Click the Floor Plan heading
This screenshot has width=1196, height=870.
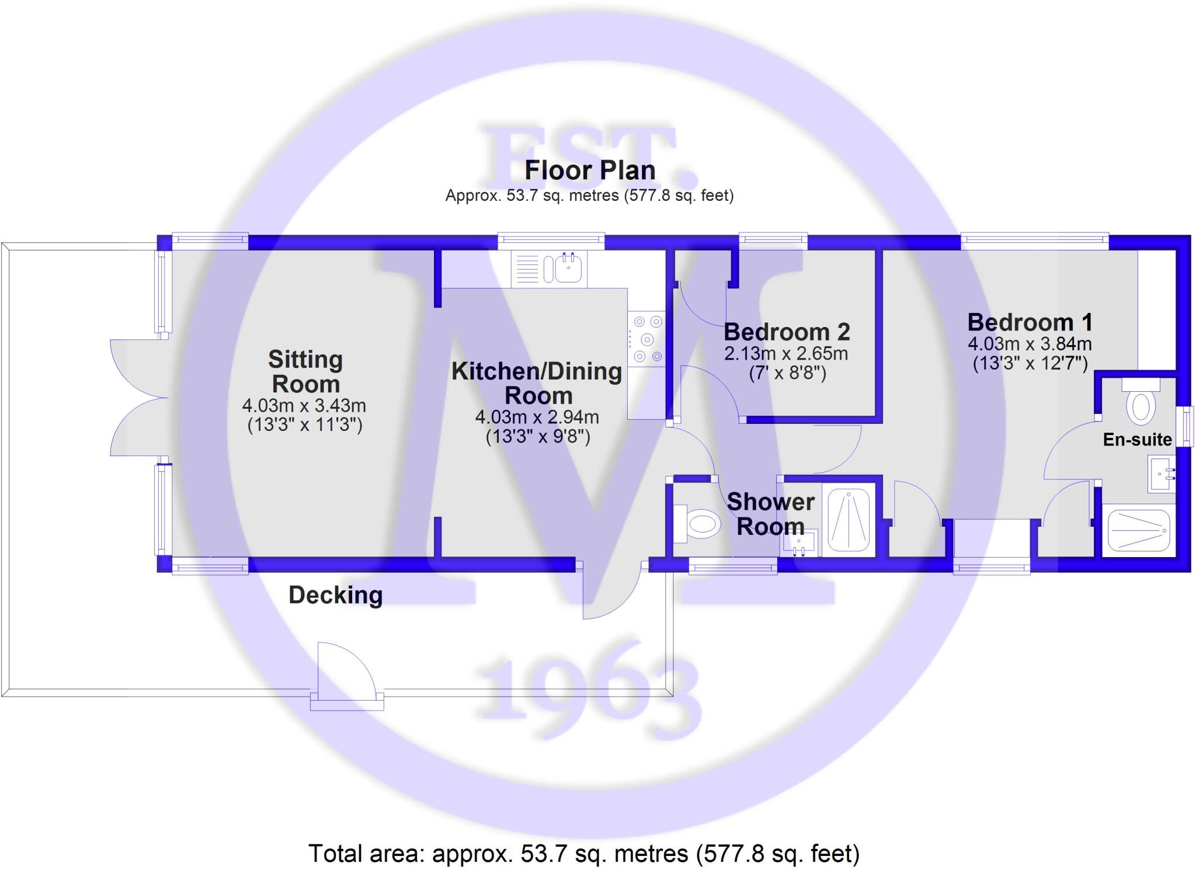[590, 170]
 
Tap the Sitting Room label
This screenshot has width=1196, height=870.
[305, 371]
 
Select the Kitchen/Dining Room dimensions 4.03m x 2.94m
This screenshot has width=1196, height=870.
[537, 417]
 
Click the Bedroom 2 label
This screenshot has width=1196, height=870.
[787, 332]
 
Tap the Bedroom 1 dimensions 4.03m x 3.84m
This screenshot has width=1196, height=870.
[1030, 344]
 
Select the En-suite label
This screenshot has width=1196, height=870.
[1137, 440]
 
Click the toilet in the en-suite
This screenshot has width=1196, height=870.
[1140, 403]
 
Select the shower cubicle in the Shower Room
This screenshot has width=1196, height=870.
[849, 519]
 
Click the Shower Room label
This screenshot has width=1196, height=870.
[770, 514]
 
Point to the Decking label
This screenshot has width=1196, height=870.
[336, 595]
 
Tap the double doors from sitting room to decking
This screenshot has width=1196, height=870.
[139, 398]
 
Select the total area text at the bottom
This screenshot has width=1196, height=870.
[584, 853]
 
